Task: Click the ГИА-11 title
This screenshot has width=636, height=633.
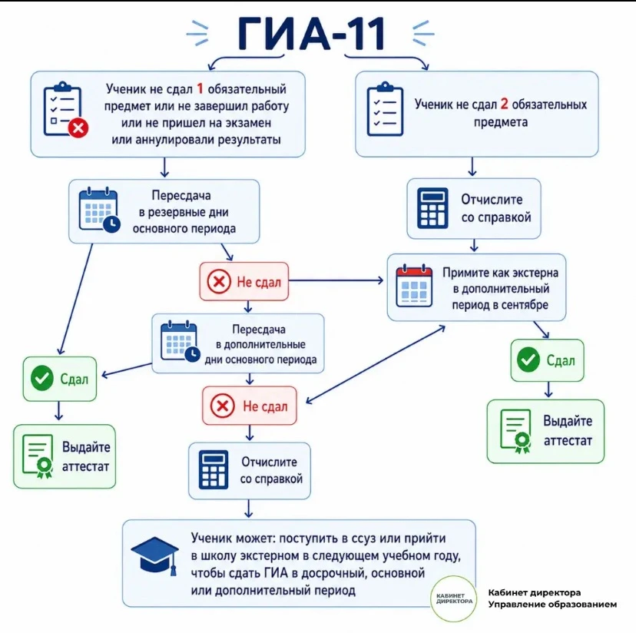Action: tap(312, 34)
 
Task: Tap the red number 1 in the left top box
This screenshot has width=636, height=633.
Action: tap(200, 88)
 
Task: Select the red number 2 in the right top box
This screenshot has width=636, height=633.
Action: tap(504, 104)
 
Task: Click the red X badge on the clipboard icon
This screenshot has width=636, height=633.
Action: tap(78, 128)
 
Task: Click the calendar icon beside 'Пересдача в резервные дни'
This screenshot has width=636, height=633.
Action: tap(99, 210)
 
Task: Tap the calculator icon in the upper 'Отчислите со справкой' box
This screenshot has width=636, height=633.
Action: tap(432, 208)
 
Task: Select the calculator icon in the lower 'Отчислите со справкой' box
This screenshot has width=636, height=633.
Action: tap(214, 470)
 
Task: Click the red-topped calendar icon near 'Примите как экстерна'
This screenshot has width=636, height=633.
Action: tap(414, 286)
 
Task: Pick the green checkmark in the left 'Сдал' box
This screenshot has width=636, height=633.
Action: tap(42, 378)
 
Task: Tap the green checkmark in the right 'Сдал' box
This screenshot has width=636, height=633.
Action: tap(528, 360)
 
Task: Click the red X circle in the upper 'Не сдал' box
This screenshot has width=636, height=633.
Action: tap(219, 282)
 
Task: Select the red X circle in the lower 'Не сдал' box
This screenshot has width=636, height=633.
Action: tap(222, 406)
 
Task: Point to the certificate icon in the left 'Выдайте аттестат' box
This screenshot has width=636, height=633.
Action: tap(38, 456)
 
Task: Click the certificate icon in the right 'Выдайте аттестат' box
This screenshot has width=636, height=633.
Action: tap(516, 431)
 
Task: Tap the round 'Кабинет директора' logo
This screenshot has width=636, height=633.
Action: tap(454, 598)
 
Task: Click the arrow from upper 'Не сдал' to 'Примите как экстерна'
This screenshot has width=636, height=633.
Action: tap(336, 280)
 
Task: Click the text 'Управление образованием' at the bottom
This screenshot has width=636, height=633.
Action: tap(552, 605)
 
